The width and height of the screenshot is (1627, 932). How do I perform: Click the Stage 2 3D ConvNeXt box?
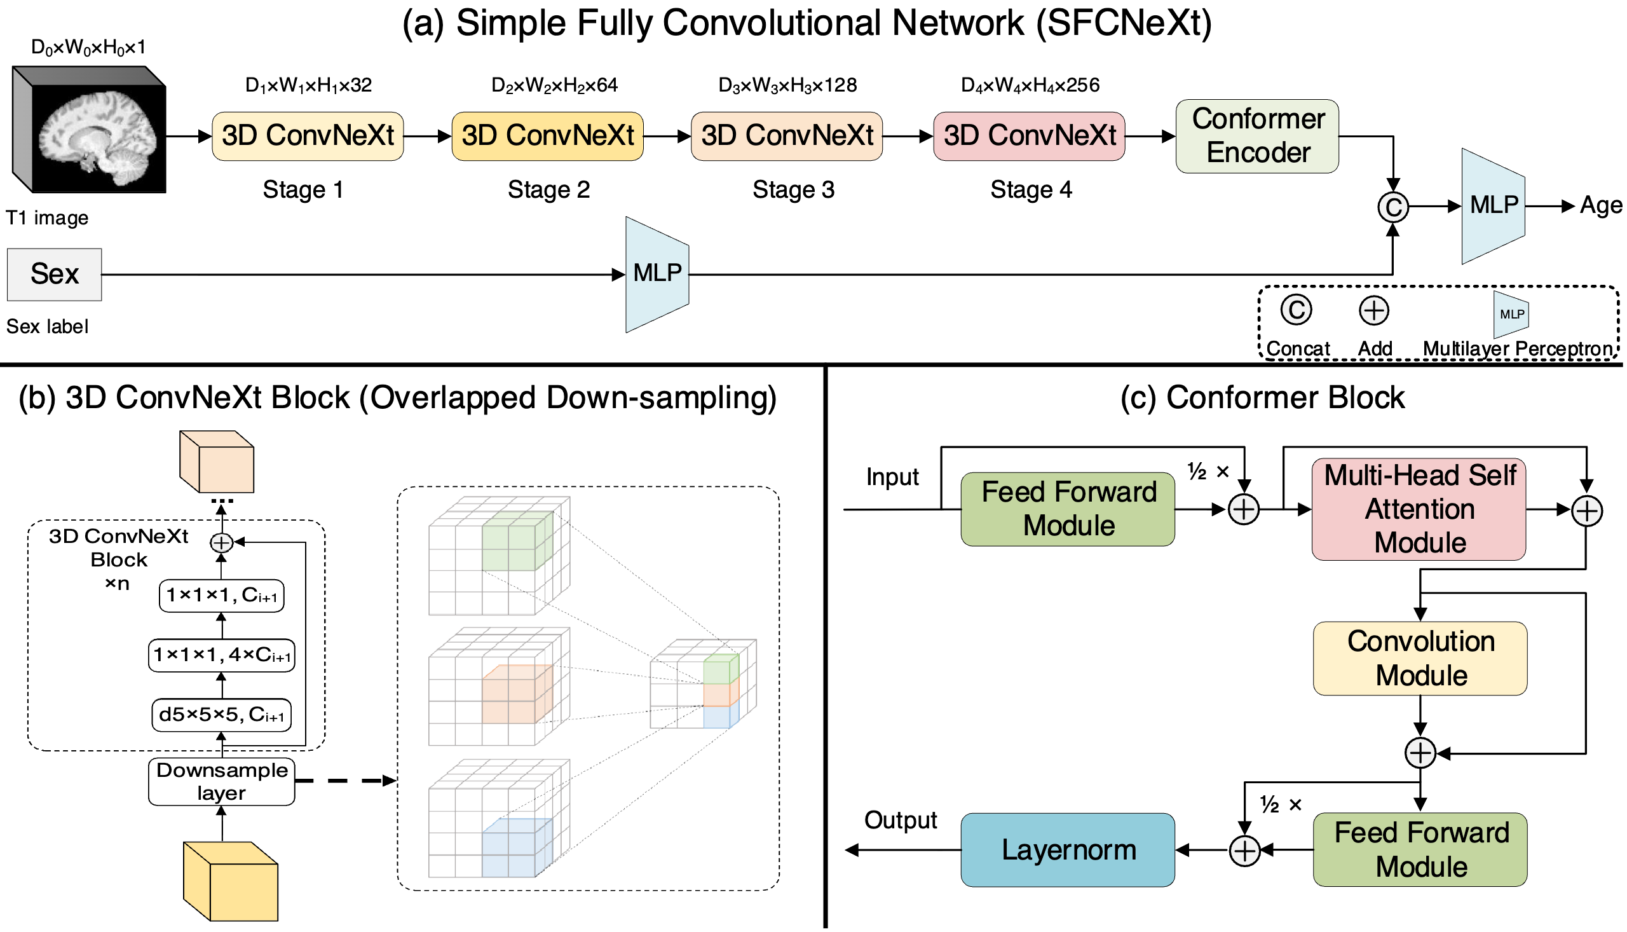(x=548, y=135)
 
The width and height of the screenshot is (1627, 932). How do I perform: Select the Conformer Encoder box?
(x=1258, y=135)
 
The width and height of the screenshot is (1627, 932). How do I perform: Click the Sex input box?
(x=55, y=275)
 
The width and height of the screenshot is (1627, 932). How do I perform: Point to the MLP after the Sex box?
(x=657, y=274)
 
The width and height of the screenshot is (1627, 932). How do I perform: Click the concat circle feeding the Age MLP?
(x=1393, y=207)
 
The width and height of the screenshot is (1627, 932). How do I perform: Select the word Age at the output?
(x=1600, y=206)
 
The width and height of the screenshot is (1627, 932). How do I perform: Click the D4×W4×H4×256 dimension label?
(x=1031, y=85)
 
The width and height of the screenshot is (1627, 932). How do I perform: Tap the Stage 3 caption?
(x=793, y=190)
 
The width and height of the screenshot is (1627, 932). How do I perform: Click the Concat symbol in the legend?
(x=1297, y=310)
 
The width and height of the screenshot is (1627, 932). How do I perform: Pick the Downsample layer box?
(x=221, y=781)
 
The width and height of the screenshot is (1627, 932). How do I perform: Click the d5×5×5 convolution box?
(x=221, y=715)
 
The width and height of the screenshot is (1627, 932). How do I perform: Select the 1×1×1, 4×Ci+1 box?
(x=221, y=655)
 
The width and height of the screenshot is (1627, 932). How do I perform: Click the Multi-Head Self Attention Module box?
(x=1419, y=509)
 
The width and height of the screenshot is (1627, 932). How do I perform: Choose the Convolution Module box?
(x=1420, y=659)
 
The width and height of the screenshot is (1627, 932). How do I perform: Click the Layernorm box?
(x=1068, y=851)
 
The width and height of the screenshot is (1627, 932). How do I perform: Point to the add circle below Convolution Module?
(x=1420, y=753)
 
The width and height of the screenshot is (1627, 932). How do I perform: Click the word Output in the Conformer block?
(x=900, y=821)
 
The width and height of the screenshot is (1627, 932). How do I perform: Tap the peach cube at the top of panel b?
(x=217, y=462)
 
